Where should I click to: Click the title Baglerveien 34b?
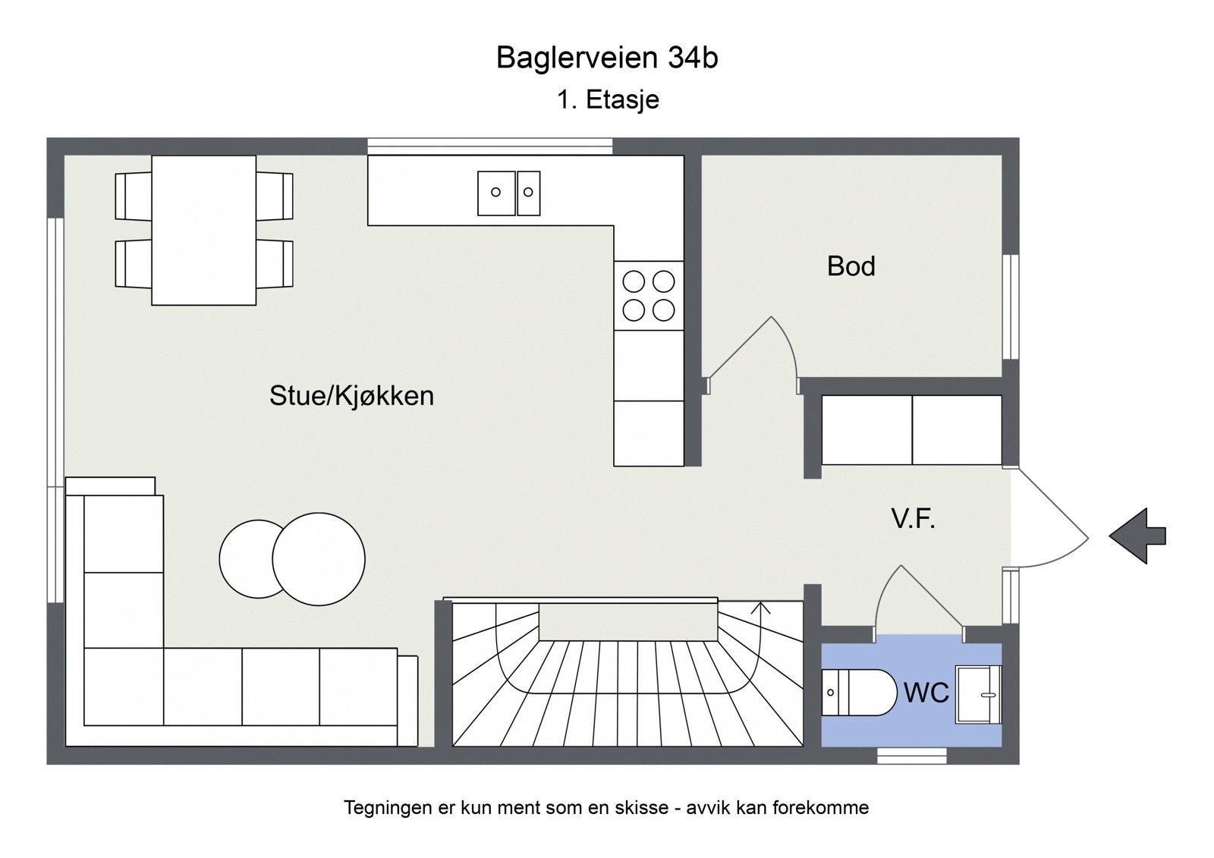[x=607, y=58]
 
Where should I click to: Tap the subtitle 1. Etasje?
[x=608, y=99]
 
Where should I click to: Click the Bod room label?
[x=851, y=266]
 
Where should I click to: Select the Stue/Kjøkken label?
[x=351, y=396]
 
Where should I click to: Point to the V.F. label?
[x=913, y=519]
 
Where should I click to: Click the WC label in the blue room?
[x=926, y=693]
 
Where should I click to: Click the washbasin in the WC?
[x=978, y=694]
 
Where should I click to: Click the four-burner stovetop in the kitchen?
[x=649, y=296]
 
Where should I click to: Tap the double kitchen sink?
[x=508, y=193]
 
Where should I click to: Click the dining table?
[x=203, y=230]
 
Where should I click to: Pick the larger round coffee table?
[x=319, y=559]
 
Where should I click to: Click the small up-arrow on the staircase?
[x=761, y=607]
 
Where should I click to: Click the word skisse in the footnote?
[x=643, y=808]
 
